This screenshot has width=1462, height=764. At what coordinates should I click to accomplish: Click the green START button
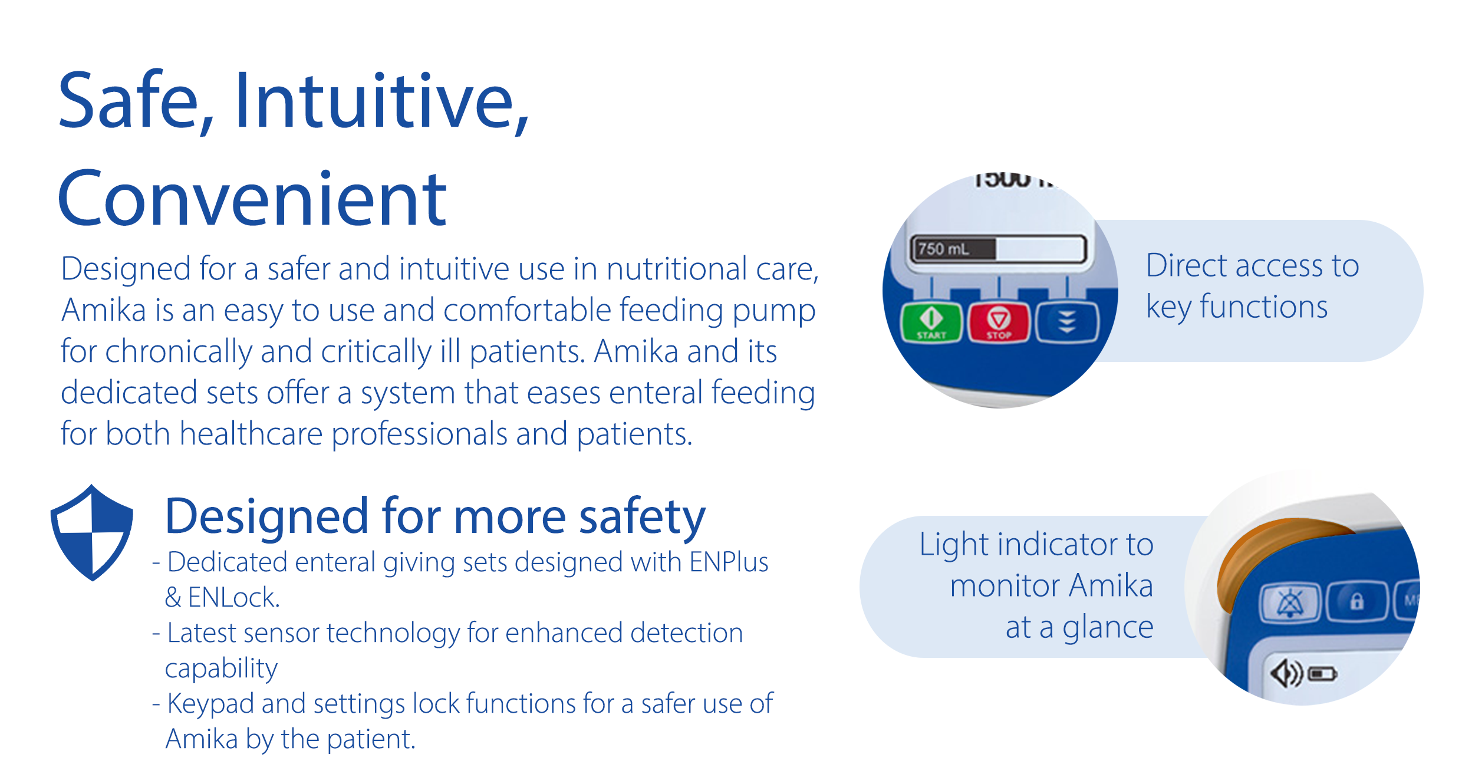tap(931, 322)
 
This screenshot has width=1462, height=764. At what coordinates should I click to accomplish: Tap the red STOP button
tap(999, 322)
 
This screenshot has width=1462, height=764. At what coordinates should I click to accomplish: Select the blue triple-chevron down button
tap(1067, 322)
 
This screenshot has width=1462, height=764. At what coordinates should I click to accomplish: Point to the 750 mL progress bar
tap(998, 249)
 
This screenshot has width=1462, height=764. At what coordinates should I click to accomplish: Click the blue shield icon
tap(92, 532)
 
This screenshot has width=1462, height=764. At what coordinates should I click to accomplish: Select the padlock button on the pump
tap(1356, 602)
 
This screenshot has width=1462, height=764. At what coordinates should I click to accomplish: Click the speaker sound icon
tap(1285, 673)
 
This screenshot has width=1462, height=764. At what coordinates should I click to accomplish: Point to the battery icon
tap(1322, 674)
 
